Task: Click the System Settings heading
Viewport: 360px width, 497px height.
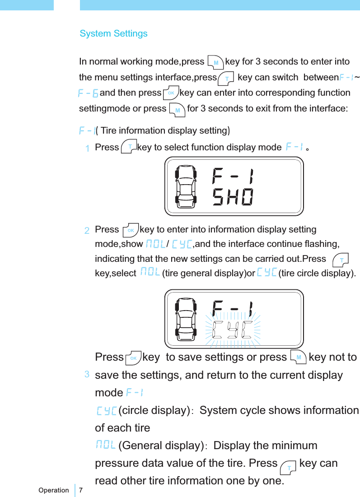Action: (x=113, y=34)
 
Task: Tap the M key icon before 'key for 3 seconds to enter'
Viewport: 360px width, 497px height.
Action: (x=215, y=61)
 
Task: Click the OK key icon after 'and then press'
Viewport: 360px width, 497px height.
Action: (x=171, y=93)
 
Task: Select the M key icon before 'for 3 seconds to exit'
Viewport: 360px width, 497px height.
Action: (x=177, y=109)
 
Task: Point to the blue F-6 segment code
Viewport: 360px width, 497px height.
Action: (x=89, y=93)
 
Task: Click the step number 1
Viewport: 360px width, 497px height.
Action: (x=87, y=148)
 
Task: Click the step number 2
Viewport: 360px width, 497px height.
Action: (x=87, y=231)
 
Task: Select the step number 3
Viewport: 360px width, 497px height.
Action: (x=86, y=374)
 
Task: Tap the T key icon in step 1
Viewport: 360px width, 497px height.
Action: (x=129, y=147)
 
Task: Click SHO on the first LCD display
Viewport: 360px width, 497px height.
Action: (x=233, y=197)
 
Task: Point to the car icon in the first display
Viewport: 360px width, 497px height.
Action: (x=187, y=186)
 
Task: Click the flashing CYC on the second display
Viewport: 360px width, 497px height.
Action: (x=233, y=330)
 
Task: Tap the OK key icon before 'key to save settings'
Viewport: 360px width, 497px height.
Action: (x=133, y=358)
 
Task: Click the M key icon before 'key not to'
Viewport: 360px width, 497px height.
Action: (x=298, y=357)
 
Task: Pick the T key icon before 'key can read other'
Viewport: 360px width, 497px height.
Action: (x=288, y=465)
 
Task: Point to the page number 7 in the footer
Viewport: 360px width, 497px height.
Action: (x=81, y=490)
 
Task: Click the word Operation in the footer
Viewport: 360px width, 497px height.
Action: (x=54, y=490)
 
